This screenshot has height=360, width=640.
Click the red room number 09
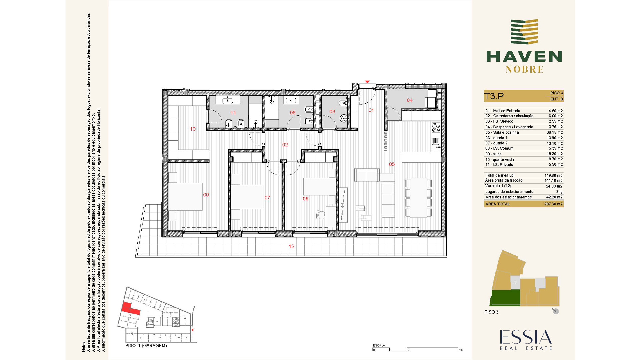[x=206, y=195]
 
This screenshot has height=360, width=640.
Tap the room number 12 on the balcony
[x=292, y=246]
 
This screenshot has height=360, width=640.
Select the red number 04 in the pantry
[x=410, y=100]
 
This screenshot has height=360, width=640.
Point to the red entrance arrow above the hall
[x=367, y=82]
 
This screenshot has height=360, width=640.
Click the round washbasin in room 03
[x=344, y=118]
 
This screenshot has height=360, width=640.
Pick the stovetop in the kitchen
[x=436, y=127]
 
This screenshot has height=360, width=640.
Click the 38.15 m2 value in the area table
[x=555, y=132]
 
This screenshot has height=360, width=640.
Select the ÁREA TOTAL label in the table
[x=498, y=204]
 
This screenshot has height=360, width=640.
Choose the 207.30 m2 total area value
[x=553, y=204]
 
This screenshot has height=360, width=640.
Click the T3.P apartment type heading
[x=494, y=96]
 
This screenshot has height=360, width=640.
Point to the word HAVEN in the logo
[x=524, y=57]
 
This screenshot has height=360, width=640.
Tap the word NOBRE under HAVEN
[x=524, y=69]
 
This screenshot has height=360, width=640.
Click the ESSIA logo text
[x=526, y=337]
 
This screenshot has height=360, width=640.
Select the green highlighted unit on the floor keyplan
[x=506, y=298]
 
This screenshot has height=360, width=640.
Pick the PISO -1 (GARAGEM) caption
[x=146, y=346]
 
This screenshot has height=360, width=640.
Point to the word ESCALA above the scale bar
[x=379, y=345]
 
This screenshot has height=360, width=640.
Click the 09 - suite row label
[x=493, y=154]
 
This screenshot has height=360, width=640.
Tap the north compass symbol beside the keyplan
[x=555, y=311]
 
